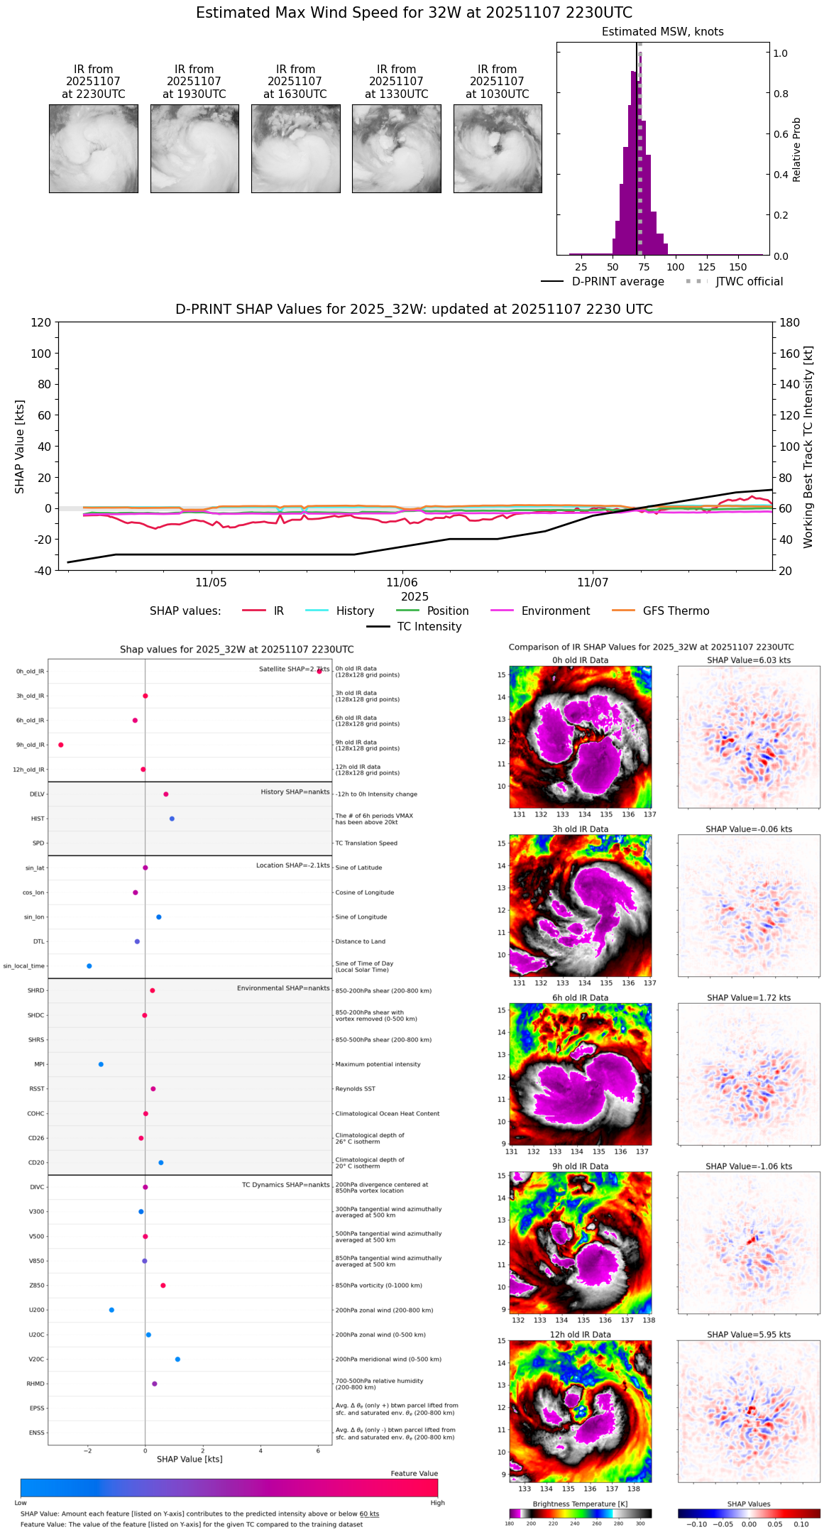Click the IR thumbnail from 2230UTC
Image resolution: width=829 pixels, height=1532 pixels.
(93, 148)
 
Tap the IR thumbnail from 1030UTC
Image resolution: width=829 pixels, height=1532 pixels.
(498, 148)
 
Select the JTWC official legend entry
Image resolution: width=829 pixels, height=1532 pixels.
(734, 282)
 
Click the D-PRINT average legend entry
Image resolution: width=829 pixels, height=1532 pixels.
(603, 282)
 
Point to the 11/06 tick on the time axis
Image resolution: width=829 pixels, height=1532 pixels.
(402, 583)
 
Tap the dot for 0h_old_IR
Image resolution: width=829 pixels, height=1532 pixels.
(319, 671)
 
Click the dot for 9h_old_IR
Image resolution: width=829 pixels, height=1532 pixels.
(61, 745)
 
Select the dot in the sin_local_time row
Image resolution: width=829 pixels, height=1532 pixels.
(89, 965)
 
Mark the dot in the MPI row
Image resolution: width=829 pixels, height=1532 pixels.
(101, 1064)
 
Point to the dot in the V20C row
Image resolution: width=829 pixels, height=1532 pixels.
(177, 1359)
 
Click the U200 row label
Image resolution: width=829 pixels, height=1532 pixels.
(36, 1310)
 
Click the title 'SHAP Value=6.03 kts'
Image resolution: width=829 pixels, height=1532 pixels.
(748, 660)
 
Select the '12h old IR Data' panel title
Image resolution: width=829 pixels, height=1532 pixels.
(580, 1335)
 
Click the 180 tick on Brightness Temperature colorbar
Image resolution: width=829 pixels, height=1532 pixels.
(510, 1523)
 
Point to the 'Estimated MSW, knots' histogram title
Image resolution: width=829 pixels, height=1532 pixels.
(662, 32)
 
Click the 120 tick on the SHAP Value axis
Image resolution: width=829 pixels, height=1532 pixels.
(41, 322)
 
